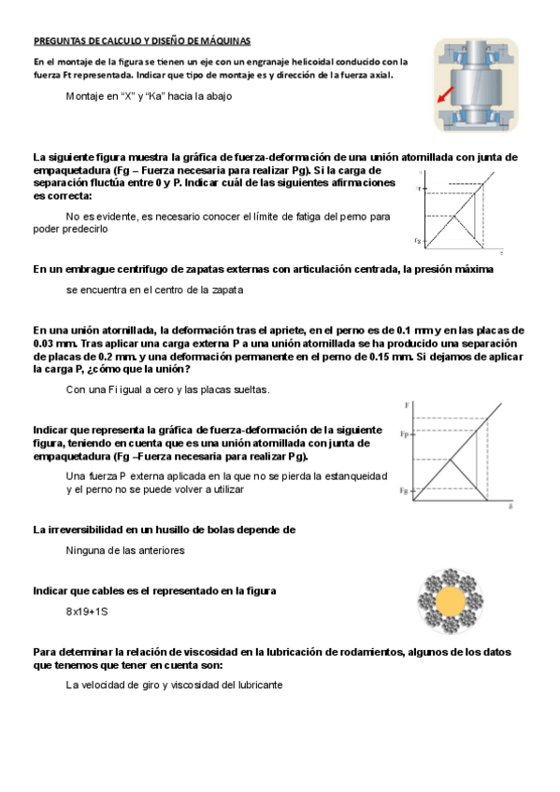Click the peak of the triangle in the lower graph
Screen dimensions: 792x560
click(451, 459)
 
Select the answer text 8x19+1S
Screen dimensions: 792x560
click(87, 613)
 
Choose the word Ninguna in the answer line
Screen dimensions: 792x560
click(86, 550)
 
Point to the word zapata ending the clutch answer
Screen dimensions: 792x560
click(225, 290)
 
